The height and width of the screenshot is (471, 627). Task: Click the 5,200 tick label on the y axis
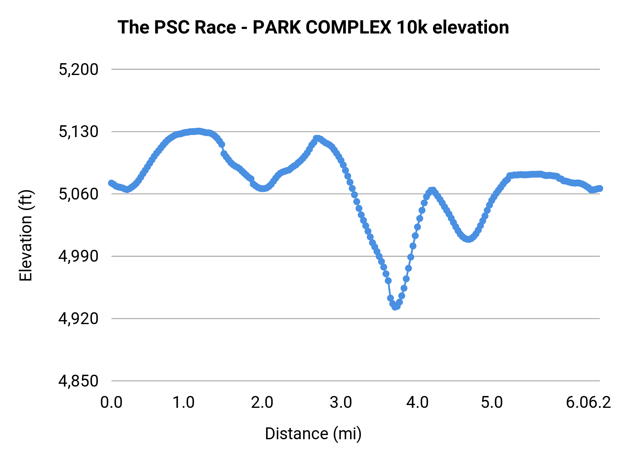tap(78, 70)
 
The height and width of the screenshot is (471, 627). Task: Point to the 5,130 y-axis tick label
tap(78, 132)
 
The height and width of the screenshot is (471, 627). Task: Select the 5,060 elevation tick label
tap(78, 194)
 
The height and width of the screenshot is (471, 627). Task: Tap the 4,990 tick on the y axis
tap(78, 256)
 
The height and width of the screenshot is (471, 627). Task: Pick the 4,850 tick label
tap(78, 381)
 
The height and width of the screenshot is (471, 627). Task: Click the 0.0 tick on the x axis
tap(111, 403)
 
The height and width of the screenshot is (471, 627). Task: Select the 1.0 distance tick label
tap(184, 403)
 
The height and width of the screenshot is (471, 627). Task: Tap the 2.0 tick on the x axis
tap(262, 403)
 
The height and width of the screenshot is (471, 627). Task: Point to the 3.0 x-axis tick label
tap(341, 403)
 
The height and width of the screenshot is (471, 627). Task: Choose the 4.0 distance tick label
tap(417, 403)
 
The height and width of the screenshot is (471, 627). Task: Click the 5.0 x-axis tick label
tap(492, 403)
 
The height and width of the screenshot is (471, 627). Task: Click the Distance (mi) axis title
tap(313, 434)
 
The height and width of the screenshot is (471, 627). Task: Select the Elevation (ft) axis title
tap(26, 236)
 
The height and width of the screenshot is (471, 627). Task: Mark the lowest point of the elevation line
tap(395, 307)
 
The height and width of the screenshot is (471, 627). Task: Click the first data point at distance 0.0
tap(111, 183)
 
